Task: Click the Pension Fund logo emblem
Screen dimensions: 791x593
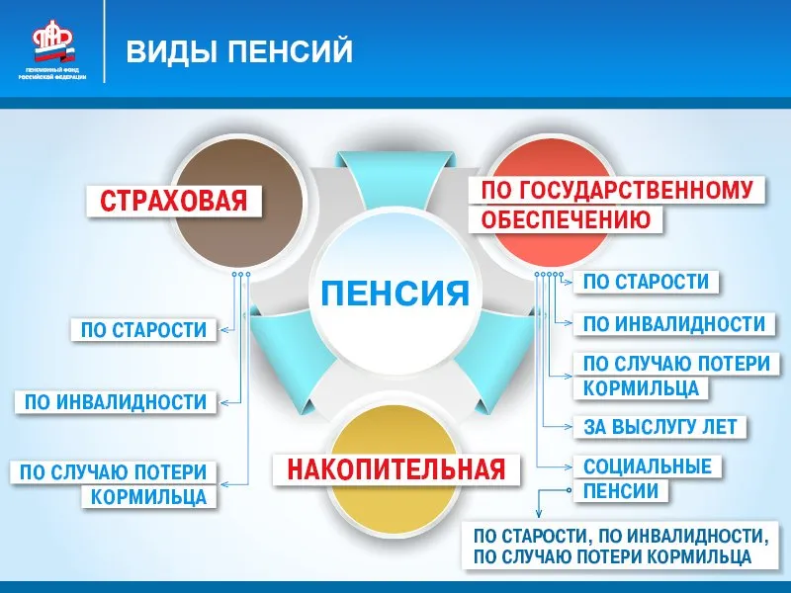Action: tap(53, 41)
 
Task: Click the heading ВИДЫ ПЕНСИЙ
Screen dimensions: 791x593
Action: tap(239, 51)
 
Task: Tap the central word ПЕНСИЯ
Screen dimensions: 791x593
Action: tap(395, 293)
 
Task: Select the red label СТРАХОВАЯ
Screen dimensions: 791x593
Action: tap(174, 201)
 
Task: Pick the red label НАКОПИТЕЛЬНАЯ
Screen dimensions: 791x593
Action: tap(396, 469)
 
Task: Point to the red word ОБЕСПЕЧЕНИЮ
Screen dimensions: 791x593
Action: tap(566, 219)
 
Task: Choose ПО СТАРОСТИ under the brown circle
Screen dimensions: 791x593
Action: tap(143, 330)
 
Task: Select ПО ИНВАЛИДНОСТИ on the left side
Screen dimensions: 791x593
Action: tap(116, 402)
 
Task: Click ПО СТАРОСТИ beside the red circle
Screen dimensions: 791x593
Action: tap(647, 282)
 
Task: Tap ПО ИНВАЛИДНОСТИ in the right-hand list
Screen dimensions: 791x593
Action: tap(674, 324)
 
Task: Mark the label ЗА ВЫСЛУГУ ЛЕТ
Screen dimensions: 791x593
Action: tap(660, 427)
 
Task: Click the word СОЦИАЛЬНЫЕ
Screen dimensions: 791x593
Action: tap(648, 466)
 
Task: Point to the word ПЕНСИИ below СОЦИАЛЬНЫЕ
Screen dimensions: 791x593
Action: tap(621, 490)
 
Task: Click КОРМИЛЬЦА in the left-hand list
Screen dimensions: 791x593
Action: tap(149, 497)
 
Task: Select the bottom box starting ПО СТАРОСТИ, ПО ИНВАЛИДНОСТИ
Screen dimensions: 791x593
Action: tap(620, 546)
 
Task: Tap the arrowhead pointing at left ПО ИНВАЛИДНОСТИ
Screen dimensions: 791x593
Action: tap(225, 403)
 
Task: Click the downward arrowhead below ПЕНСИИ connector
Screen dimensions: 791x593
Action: tap(539, 514)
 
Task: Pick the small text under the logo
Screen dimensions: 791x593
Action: tap(52, 73)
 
